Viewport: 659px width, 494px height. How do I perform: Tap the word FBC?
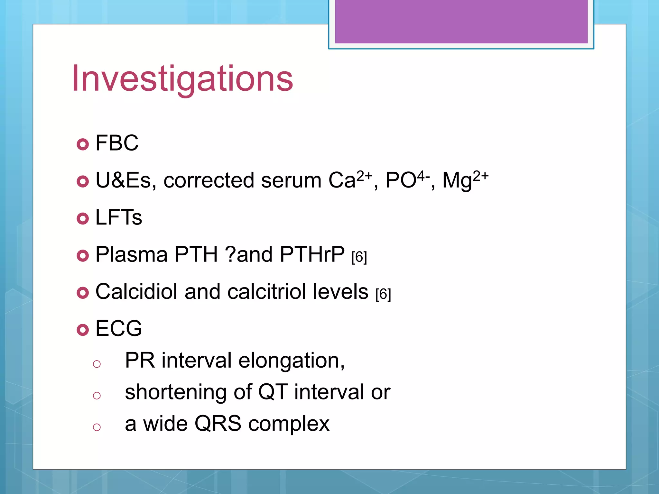[x=117, y=143]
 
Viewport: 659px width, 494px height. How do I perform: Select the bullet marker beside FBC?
[x=83, y=144]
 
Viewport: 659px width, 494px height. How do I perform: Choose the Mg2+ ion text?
[x=465, y=180]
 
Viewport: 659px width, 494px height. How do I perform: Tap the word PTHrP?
[x=312, y=254]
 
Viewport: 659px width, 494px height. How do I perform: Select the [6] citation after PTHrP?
[x=359, y=257]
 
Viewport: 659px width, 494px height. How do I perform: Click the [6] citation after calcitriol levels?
[x=383, y=294]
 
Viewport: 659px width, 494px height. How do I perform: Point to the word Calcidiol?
[x=136, y=291]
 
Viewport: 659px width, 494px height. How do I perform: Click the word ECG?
[x=119, y=328]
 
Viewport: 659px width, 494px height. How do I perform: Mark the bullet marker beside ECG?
[x=83, y=330]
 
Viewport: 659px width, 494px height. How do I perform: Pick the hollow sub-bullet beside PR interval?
[x=97, y=364]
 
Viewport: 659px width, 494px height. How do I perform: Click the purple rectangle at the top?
[x=461, y=21]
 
